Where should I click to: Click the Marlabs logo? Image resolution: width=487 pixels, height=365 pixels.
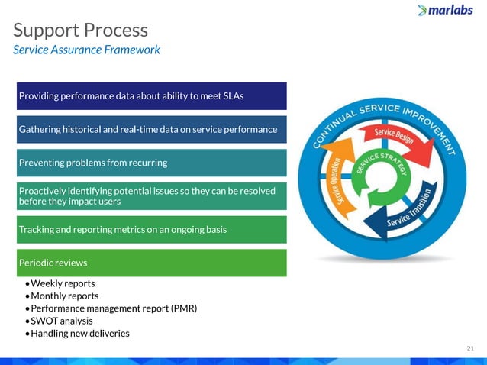point(448,10)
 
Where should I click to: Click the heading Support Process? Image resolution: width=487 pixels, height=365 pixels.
point(80,31)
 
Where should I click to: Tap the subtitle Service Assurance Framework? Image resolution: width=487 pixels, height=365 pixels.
point(86,50)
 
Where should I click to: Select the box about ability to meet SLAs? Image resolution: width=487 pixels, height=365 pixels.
point(152,96)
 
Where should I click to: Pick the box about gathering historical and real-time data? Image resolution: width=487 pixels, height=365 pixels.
point(152,129)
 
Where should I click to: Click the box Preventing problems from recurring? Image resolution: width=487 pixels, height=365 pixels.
point(152,163)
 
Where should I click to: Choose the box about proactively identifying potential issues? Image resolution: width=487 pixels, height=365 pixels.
point(152,196)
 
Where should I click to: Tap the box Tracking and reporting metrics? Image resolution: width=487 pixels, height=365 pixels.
point(152,229)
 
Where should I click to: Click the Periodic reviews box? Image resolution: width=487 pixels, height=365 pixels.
point(152,263)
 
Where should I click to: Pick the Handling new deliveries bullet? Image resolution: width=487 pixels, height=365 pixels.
point(79,334)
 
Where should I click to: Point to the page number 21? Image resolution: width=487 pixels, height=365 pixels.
point(470,348)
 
